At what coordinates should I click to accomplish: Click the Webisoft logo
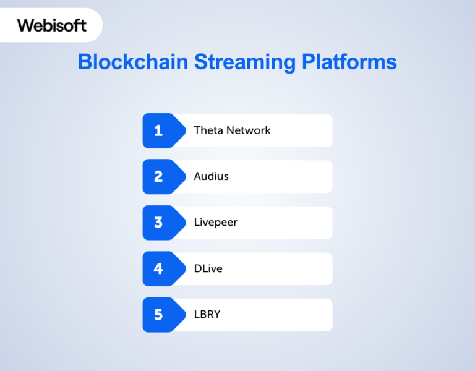[51, 25]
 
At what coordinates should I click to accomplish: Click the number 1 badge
[158, 130]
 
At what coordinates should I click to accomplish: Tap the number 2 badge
[158, 176]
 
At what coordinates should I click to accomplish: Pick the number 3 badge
[158, 222]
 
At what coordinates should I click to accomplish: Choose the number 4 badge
[158, 268]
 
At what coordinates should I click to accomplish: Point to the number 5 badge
[158, 315]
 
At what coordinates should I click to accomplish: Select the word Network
[249, 130]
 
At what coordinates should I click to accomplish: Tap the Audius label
[211, 176]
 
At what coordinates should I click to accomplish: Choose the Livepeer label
[215, 222]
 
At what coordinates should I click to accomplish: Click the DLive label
[208, 268]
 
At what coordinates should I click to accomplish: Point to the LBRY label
[207, 315]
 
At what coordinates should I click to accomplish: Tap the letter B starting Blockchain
[84, 62]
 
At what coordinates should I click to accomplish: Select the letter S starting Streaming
[200, 62]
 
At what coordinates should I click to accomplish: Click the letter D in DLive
[197, 268]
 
